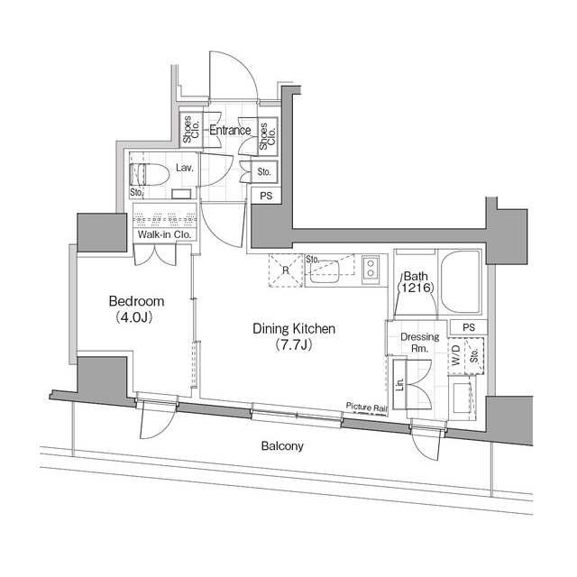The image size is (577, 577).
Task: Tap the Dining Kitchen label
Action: [293, 329]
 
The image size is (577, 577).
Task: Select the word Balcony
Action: [282, 446]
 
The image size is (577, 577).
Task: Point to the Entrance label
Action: [229, 131]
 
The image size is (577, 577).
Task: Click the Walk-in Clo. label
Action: [161, 235]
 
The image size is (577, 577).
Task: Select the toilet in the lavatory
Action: [146, 174]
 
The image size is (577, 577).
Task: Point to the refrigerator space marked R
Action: [285, 270]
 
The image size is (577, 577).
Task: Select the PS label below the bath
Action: [468, 327]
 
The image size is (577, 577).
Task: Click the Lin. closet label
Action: [399, 381]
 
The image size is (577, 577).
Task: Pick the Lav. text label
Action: [186, 168]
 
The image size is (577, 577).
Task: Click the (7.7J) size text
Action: [294, 346]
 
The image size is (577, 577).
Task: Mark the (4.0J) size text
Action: [134, 317]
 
